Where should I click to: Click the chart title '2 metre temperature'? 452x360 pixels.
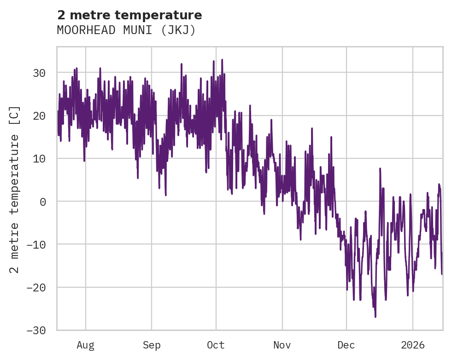[129, 15]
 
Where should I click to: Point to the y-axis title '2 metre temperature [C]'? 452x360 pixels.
[15, 189]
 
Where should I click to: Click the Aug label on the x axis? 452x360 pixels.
[86, 345]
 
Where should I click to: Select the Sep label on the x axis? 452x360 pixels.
[152, 345]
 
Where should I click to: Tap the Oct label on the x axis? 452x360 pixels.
[216, 345]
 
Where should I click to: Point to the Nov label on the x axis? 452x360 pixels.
[282, 345]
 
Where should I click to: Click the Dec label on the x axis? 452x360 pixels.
[346, 345]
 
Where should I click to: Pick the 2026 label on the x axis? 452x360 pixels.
[413, 345]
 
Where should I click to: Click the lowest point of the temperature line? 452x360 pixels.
[376, 317]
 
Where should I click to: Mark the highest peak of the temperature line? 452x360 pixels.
[222, 59]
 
